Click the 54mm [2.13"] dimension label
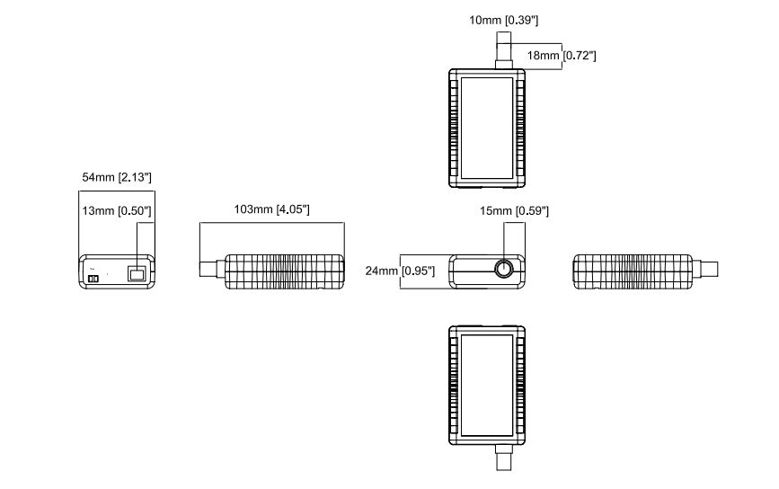(117, 178)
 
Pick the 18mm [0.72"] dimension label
(562, 56)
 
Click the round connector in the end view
(503, 270)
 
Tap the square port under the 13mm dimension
(137, 273)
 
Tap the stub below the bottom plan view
(503, 459)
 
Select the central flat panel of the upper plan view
(488, 129)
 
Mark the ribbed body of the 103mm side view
(284, 271)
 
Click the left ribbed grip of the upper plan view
(453, 129)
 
